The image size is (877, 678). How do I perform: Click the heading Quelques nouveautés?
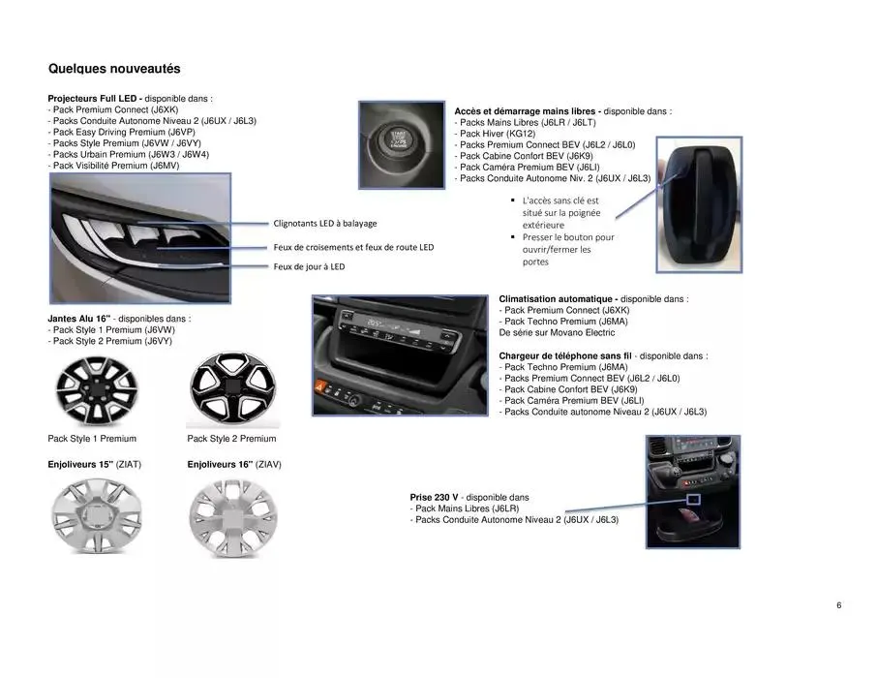(x=114, y=69)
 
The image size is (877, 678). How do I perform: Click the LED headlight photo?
(x=138, y=237)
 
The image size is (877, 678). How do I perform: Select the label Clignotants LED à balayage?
(x=324, y=223)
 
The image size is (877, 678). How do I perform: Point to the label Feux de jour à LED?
(x=309, y=266)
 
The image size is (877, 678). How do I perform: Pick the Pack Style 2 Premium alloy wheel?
(x=232, y=389)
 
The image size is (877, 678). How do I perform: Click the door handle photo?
(x=699, y=204)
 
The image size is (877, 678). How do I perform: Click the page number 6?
(x=838, y=606)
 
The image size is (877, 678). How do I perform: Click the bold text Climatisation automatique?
(x=558, y=299)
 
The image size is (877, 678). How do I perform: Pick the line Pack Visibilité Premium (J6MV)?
(x=115, y=166)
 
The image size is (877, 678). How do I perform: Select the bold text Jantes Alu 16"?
(x=78, y=319)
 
